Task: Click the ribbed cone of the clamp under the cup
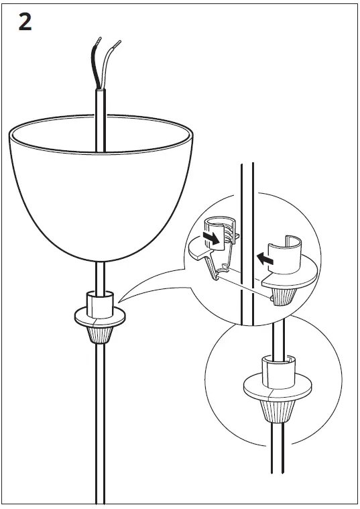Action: click(x=99, y=333)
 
